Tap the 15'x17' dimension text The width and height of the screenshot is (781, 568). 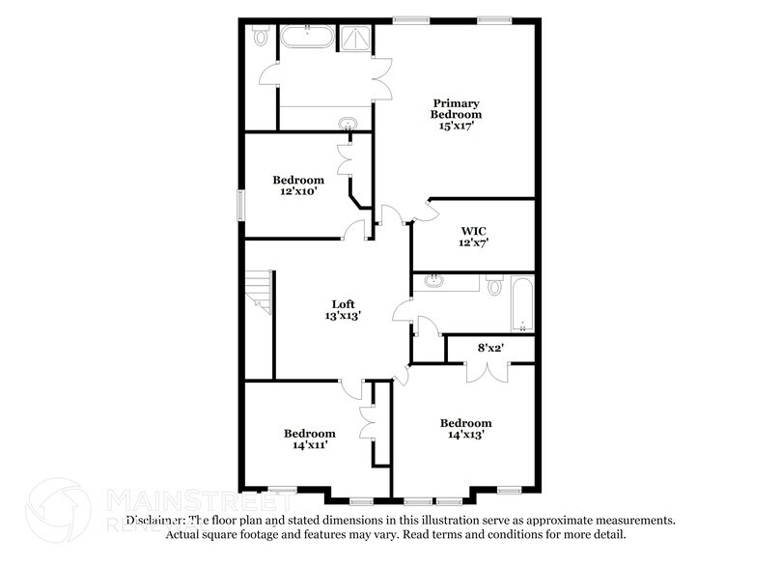[456, 126]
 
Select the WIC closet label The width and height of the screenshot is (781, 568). [473, 230]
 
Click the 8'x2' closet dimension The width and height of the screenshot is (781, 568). [490, 347]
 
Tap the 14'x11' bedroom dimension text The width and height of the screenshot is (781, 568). [308, 445]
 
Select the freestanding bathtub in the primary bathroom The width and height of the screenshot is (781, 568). [306, 40]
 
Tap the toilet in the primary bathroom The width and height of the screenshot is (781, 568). [260, 36]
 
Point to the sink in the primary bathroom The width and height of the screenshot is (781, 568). [347, 123]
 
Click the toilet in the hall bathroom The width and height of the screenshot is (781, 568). [494, 285]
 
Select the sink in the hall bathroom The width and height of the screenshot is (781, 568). [435, 282]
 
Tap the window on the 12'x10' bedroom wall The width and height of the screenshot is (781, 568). [241, 206]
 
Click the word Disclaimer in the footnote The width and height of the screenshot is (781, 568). [155, 519]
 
